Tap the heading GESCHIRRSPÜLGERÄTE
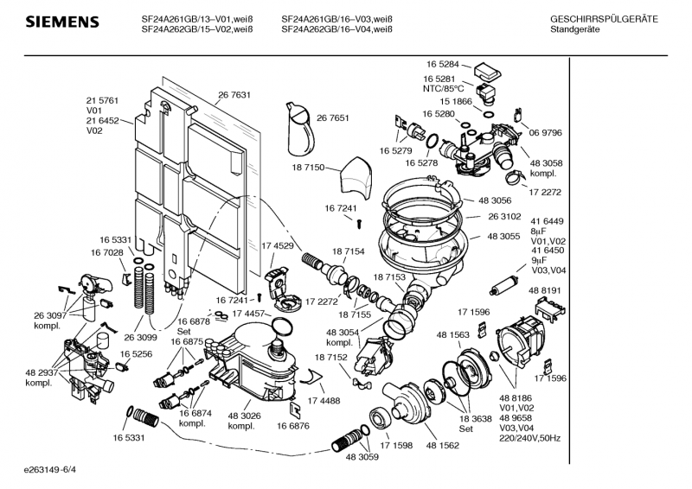(x=604, y=19)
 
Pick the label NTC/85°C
(x=443, y=88)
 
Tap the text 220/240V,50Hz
(x=530, y=439)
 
